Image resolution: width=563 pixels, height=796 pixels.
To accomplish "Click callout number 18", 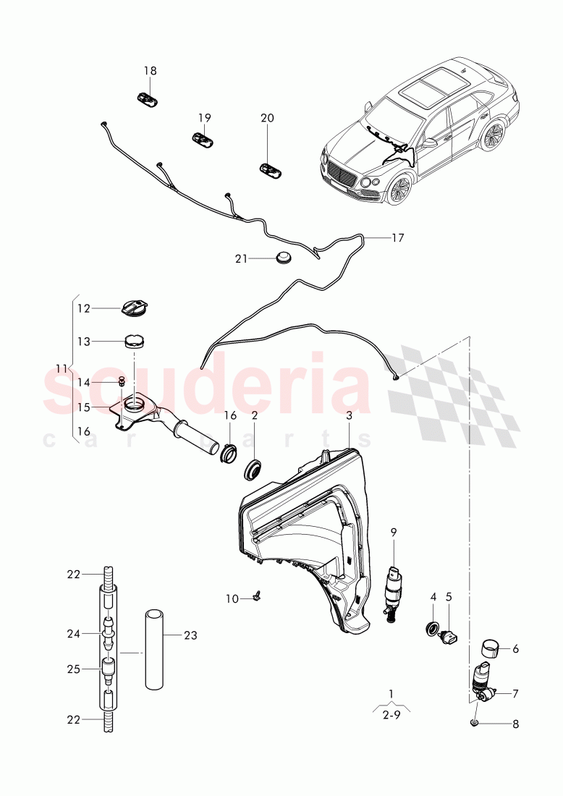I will pyautogui.click(x=150, y=71).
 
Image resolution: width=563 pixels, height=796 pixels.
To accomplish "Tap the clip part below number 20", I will pyautogui.click(x=271, y=170).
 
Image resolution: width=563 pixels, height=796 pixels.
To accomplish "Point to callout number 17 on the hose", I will pyautogui.click(x=397, y=237).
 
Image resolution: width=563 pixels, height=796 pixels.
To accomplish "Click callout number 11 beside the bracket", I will pyautogui.click(x=63, y=367).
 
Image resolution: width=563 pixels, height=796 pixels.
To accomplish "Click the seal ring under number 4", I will pyautogui.click(x=433, y=627).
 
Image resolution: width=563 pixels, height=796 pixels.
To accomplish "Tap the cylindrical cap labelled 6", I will pyautogui.click(x=491, y=646).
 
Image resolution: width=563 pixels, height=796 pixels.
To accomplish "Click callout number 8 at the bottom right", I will pyautogui.click(x=515, y=723).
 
